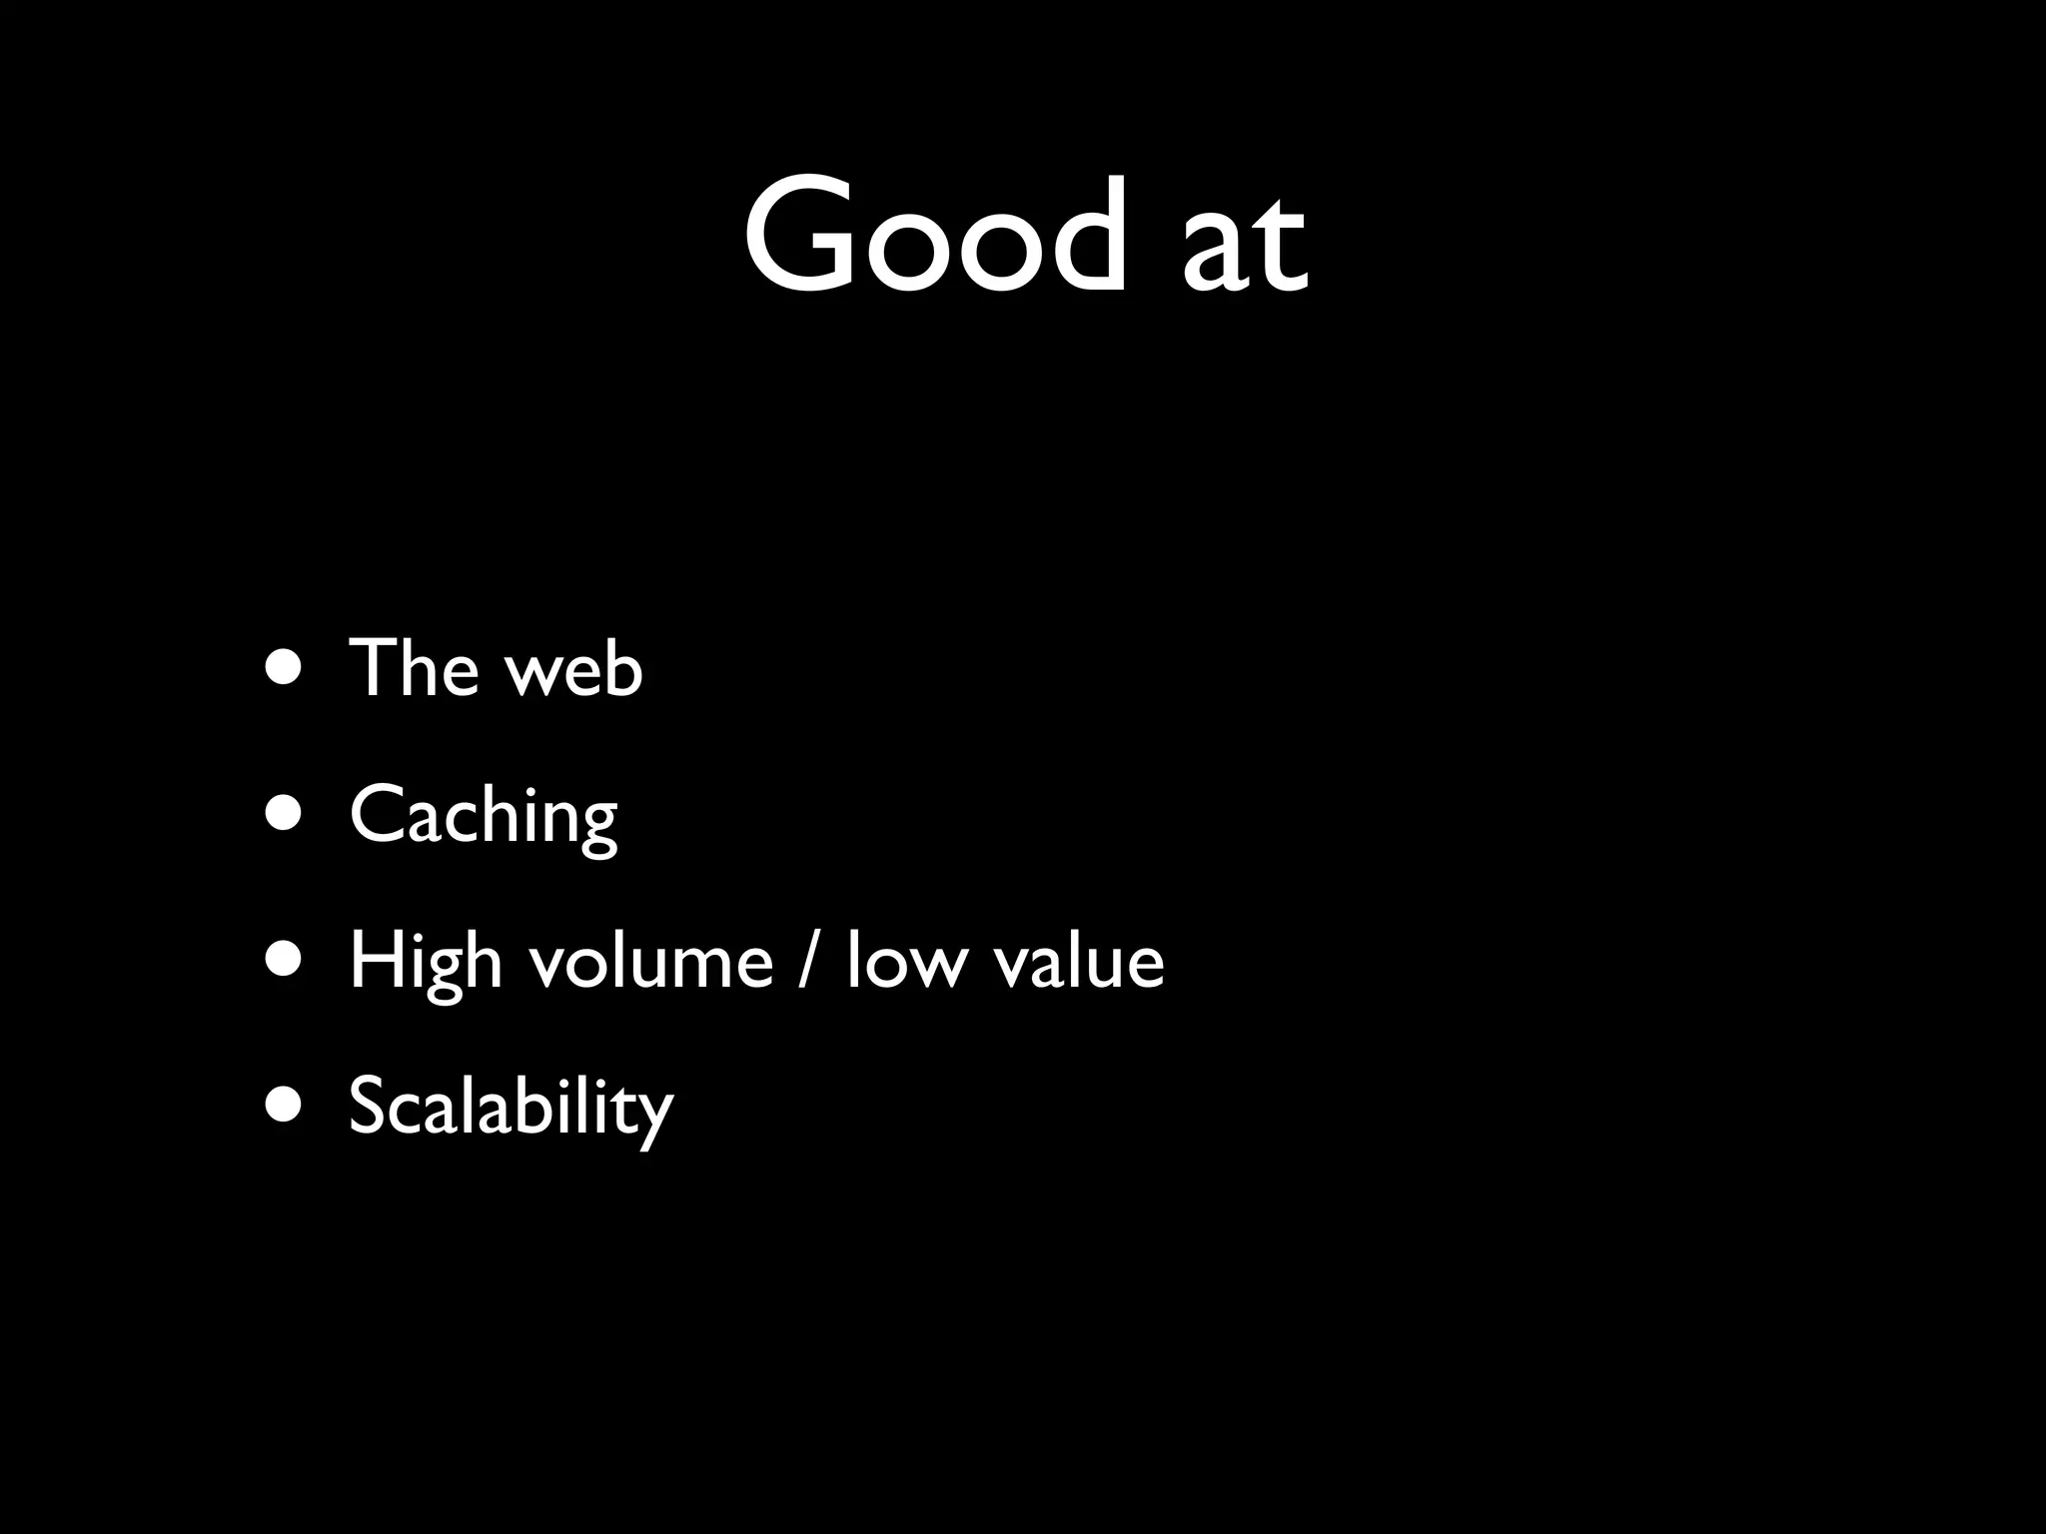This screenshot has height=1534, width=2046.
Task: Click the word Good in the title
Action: (934, 235)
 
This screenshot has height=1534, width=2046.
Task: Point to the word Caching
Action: (484, 815)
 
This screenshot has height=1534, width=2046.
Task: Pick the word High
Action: (425, 961)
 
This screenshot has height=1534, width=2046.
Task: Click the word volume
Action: (651, 961)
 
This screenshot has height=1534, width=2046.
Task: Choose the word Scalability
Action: (511, 1107)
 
